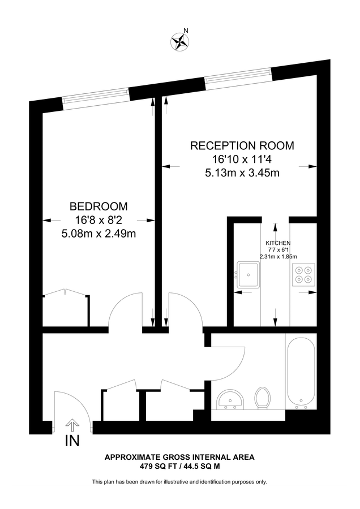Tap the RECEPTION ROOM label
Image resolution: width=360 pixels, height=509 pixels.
pos(242,146)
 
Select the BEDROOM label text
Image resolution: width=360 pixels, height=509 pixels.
pos(98,206)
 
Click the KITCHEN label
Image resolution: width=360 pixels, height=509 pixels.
pos(278,243)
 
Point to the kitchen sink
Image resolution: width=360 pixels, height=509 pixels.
pos(248,274)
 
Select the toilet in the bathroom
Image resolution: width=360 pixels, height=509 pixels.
pos(262,397)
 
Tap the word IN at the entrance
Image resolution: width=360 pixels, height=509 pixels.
pos(72,441)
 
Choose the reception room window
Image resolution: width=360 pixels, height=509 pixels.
pos(239,77)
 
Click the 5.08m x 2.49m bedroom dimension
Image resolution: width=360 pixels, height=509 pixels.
pos(98,232)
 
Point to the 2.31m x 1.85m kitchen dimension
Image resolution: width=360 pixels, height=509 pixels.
pos(278,256)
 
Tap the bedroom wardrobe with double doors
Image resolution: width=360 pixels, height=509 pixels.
pos(66,309)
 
